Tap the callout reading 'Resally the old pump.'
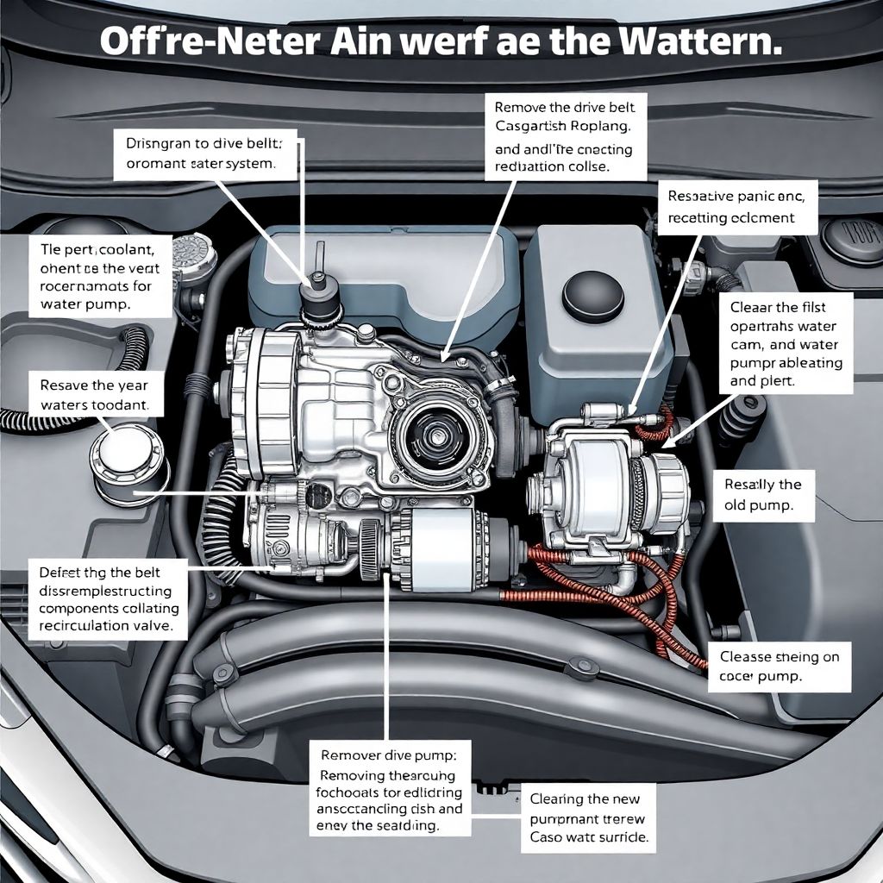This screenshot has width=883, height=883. [x=763, y=495]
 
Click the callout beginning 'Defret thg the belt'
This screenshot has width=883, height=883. [x=106, y=599]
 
